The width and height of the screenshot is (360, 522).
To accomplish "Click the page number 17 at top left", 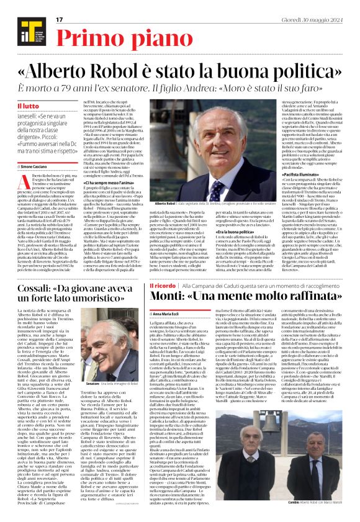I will [60, 20].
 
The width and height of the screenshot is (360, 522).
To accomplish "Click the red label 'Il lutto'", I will [28, 106].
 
